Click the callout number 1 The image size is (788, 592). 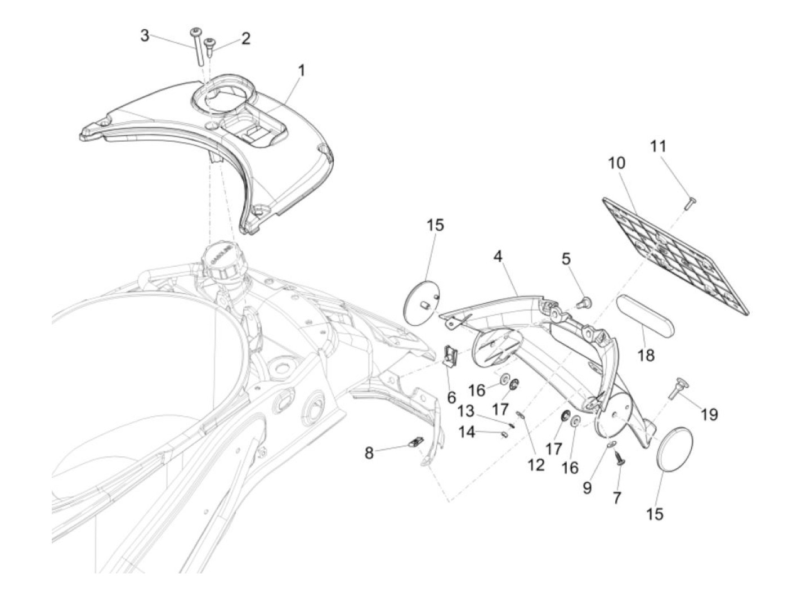pyautogui.click(x=302, y=70)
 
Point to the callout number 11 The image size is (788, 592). pyautogui.click(x=658, y=146)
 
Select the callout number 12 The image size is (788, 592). pyautogui.click(x=536, y=465)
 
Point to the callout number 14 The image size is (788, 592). pyautogui.click(x=467, y=433)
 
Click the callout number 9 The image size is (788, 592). pyautogui.click(x=587, y=487)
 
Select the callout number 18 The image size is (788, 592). pyautogui.click(x=647, y=356)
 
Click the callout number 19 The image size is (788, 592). pyautogui.click(x=709, y=415)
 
